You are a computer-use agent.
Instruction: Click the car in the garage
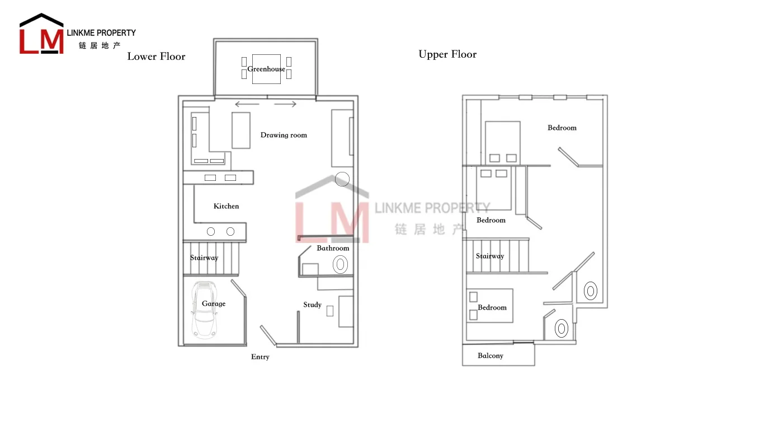[204, 310]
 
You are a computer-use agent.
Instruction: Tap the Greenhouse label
[266, 69]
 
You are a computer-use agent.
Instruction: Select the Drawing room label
[284, 135]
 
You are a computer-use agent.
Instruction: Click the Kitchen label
[226, 207]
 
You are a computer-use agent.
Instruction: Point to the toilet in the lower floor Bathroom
[340, 264]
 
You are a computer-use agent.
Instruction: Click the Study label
[312, 305]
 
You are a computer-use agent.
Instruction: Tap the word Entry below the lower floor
[260, 357]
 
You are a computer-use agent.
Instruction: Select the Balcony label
[490, 356]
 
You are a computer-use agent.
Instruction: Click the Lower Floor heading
[156, 57]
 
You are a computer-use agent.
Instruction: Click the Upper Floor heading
[447, 54]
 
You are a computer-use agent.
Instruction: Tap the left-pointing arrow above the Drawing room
[247, 104]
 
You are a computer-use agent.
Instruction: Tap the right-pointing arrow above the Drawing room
[285, 104]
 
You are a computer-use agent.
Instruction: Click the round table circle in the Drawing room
[342, 179]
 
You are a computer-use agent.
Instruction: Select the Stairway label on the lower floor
[204, 258]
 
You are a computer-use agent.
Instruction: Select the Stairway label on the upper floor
[490, 256]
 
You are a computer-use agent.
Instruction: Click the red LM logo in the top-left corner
[41, 37]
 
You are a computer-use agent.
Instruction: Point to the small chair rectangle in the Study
[330, 311]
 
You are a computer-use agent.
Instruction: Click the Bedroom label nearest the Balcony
[492, 308]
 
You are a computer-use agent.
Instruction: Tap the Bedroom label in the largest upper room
[562, 128]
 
